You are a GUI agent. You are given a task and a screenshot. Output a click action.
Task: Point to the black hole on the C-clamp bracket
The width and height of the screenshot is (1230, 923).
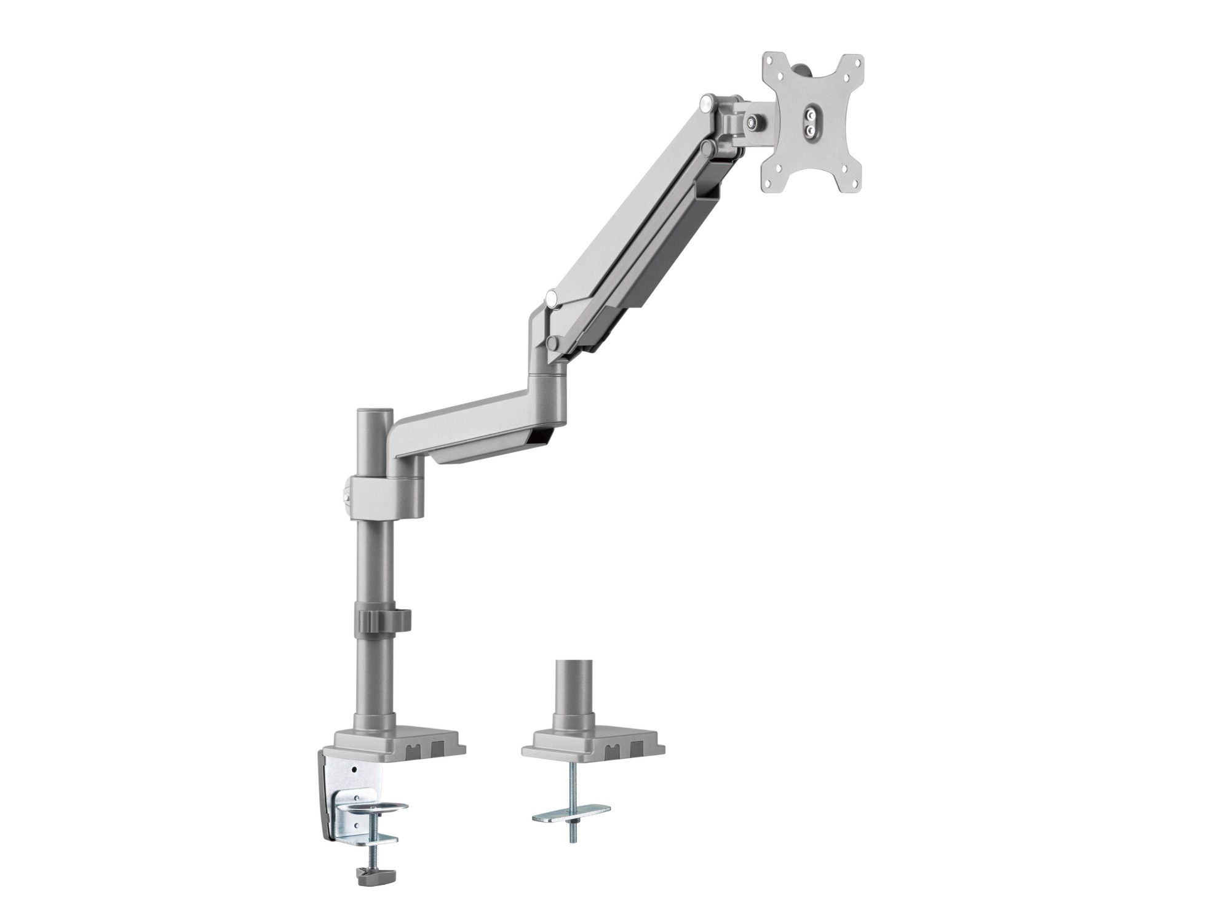[x=355, y=770]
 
